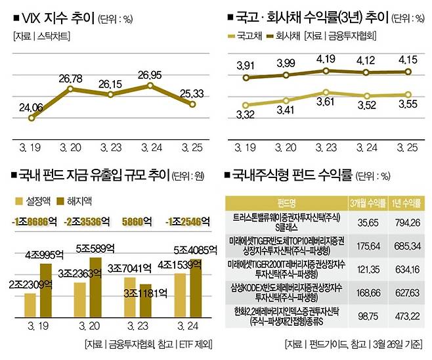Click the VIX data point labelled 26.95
151,85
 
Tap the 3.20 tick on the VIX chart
72,148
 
